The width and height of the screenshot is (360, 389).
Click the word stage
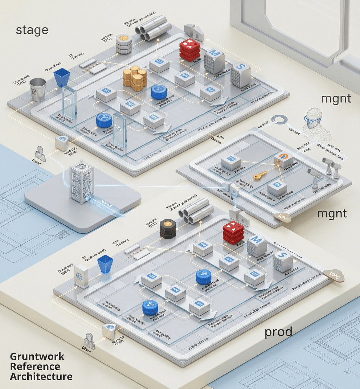click(32, 30)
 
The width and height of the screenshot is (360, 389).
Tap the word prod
click(278, 331)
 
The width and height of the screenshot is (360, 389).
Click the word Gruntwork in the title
click(37, 356)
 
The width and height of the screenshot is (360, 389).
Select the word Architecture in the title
click(41, 376)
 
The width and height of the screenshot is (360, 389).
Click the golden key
click(260, 176)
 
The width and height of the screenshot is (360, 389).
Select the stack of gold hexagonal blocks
click(135, 78)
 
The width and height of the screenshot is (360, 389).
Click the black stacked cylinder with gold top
click(168, 229)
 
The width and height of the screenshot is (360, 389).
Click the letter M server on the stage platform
click(214, 61)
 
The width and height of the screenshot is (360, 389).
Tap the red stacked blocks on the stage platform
click(190, 50)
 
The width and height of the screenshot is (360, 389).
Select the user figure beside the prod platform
click(89, 341)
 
